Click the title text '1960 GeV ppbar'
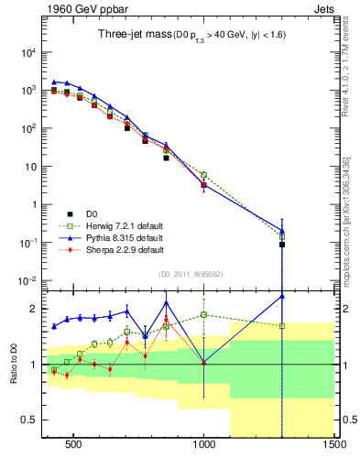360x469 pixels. pos(81,9)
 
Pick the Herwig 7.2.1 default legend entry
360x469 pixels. pos(101,225)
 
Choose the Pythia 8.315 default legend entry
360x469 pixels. pos(101,237)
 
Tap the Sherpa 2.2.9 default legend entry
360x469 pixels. pos(101,249)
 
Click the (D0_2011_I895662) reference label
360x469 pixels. pos(191,273)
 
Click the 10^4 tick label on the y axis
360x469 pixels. pos(28,53)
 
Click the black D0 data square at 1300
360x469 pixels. pos(282,245)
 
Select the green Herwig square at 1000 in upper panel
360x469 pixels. pos(203,175)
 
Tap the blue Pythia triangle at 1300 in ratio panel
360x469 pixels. pos(282,295)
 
